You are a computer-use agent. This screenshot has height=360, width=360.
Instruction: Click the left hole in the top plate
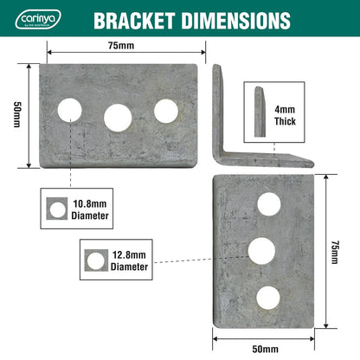70,109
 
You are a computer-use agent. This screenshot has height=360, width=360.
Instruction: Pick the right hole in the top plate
164,110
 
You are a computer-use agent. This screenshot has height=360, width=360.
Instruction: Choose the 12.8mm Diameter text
129,260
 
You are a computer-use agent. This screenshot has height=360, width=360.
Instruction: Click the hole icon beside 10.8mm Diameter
57,208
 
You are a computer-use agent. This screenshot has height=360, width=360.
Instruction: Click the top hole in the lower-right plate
268,204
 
